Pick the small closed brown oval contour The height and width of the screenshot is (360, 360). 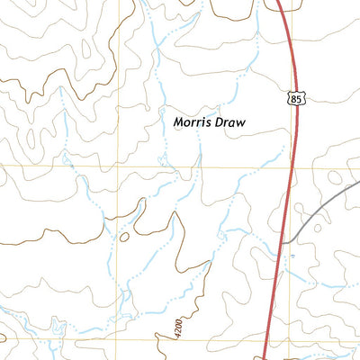point(123,237)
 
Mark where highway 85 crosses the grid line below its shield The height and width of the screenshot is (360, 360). point(291,166)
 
